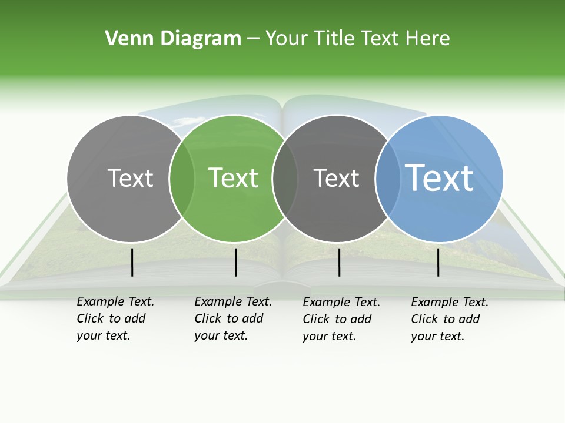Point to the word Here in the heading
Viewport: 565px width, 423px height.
click(428, 39)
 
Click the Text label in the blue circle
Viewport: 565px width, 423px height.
click(440, 177)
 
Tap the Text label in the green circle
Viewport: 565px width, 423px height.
click(234, 178)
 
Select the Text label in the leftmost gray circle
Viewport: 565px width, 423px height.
click(130, 178)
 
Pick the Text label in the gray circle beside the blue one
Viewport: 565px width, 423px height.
click(336, 178)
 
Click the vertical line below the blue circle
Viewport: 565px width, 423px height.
click(438, 262)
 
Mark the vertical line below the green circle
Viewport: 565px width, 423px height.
click(235, 262)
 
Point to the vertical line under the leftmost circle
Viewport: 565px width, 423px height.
click(132, 262)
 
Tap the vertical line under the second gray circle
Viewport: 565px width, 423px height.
click(340, 262)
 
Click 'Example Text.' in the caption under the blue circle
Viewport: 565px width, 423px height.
click(450, 302)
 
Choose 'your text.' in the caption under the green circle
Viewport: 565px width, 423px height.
click(221, 335)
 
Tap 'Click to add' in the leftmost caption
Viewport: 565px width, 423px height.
click(111, 318)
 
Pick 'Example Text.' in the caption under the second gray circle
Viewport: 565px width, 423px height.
click(341, 302)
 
